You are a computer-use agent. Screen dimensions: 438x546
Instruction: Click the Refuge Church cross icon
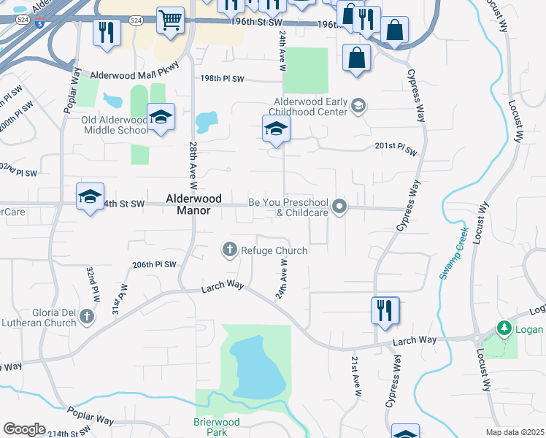[x=230, y=250]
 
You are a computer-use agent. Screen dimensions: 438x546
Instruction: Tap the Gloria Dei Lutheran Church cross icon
[x=88, y=316]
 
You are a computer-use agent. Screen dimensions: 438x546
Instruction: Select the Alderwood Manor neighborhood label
[x=188, y=204]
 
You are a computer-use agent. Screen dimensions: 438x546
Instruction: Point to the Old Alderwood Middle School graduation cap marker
[x=161, y=117]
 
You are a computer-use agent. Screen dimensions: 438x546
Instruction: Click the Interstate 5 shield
[x=39, y=24]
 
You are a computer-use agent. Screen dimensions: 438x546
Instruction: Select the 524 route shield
[x=136, y=21]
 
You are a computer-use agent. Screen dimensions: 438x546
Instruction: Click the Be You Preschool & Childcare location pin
[x=339, y=207]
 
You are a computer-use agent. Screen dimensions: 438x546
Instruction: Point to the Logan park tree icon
[x=504, y=328]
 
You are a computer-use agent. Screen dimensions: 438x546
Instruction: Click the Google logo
[x=24, y=429]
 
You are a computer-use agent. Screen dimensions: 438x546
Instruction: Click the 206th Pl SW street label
[x=155, y=264]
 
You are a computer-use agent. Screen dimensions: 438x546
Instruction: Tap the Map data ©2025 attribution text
[x=515, y=432]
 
